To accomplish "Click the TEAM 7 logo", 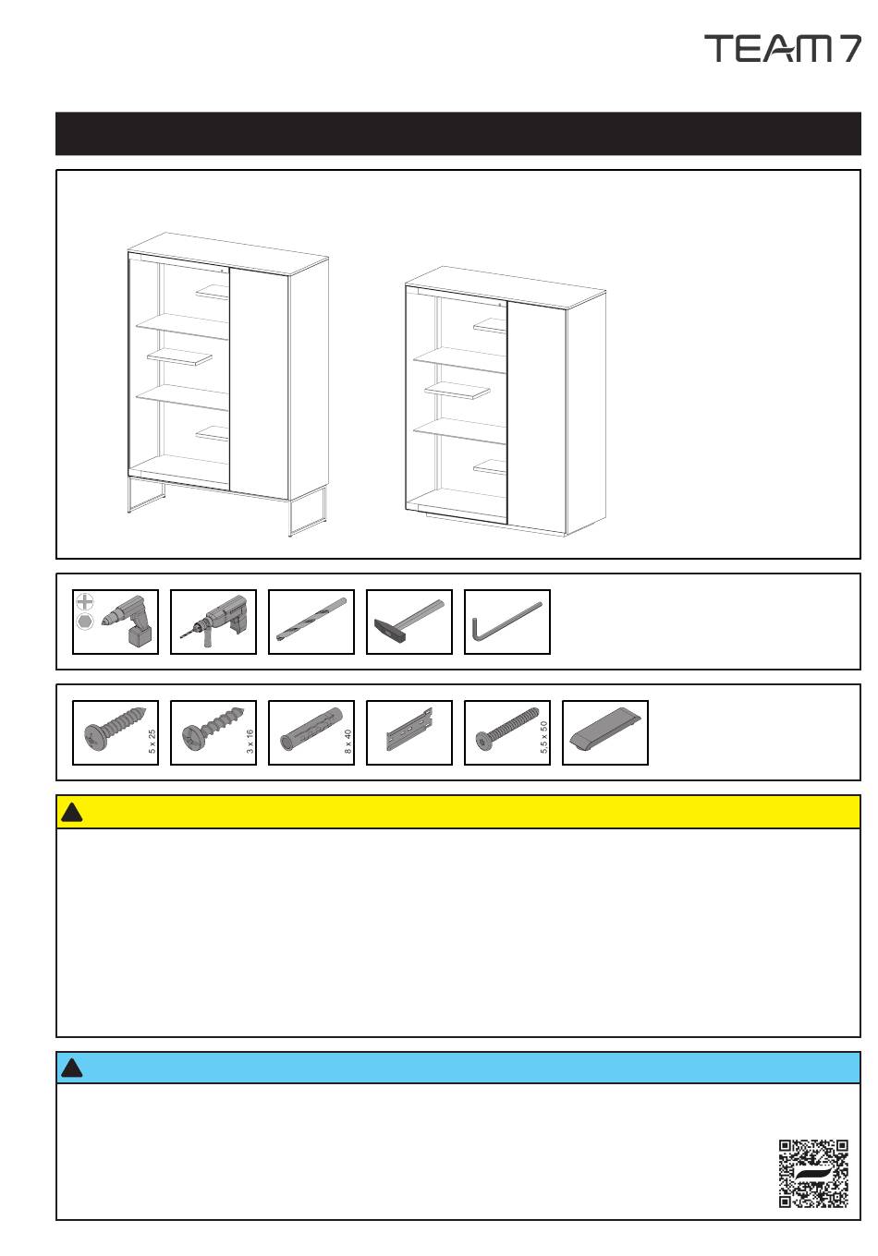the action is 782,48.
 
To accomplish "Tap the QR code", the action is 813,1173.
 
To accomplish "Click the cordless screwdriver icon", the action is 116,622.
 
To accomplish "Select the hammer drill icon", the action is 213,622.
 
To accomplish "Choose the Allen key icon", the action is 507,622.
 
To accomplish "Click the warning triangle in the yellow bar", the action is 72,813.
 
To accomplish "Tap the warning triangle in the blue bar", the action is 72,1069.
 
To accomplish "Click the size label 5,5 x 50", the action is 543,737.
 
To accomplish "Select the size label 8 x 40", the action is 348,742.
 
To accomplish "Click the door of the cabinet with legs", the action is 259,383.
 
